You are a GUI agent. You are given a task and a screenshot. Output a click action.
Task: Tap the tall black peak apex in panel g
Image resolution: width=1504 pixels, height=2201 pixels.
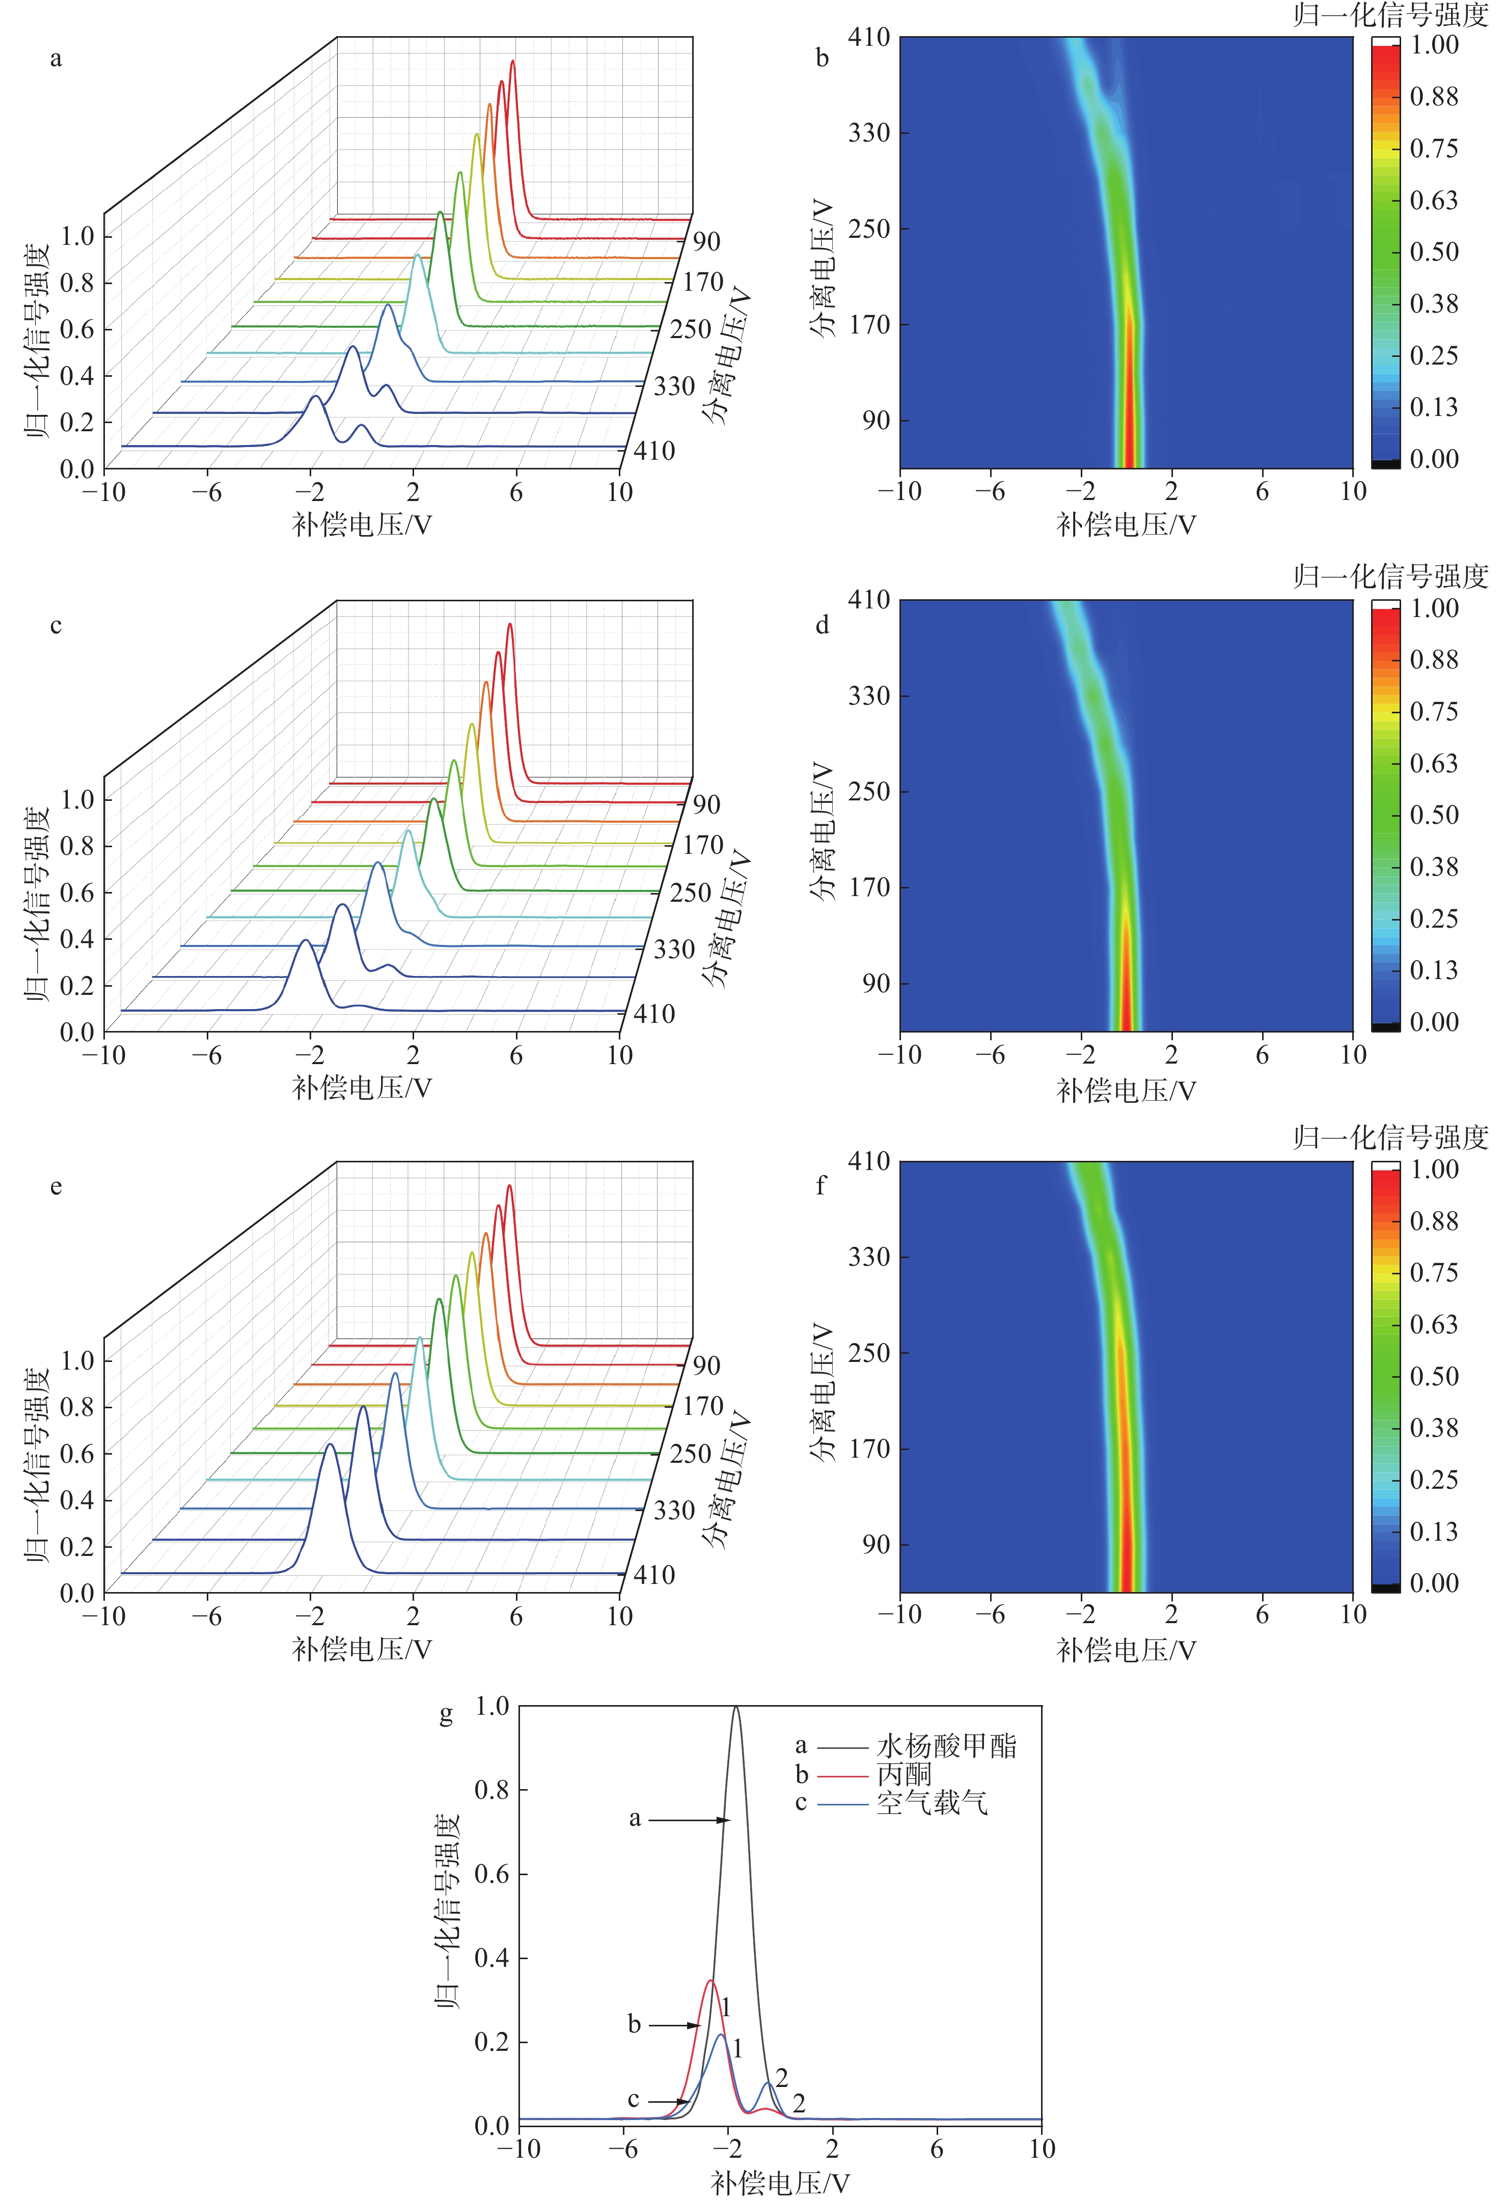coord(736,1708)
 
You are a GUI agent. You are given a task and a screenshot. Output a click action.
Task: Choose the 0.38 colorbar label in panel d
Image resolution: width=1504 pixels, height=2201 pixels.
coord(1433,867)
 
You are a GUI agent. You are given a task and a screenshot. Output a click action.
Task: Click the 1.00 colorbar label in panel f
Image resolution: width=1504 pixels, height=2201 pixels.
coord(1433,1168)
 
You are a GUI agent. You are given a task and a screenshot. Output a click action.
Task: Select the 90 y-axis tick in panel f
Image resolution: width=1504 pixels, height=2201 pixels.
coord(875,1544)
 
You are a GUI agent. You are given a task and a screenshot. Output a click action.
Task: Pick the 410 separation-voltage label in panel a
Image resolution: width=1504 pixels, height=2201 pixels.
coord(653,451)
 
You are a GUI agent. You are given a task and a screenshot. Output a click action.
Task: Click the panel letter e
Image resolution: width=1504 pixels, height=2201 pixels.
coord(56,1187)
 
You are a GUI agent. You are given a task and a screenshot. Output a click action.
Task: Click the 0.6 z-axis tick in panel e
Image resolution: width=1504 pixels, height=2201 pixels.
coord(77,1454)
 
